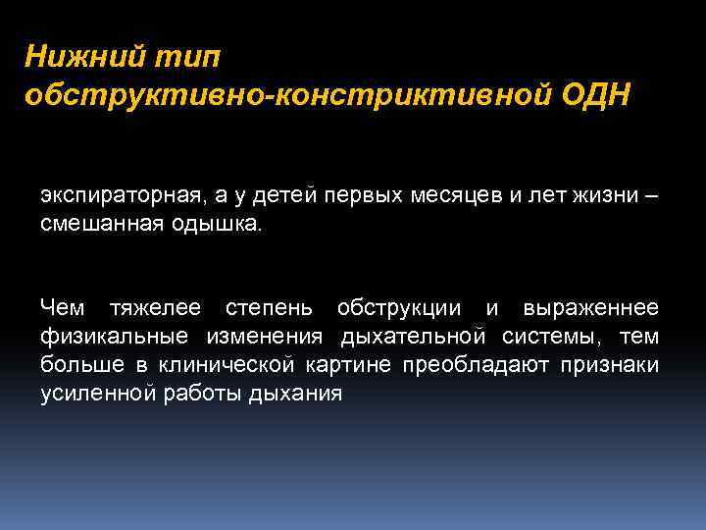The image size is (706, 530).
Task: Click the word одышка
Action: click(224, 223)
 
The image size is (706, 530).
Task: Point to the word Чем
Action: click(63, 308)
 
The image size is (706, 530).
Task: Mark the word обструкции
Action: click(399, 308)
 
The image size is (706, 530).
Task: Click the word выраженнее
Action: click(591, 308)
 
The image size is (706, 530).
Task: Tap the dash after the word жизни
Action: click(653, 194)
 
